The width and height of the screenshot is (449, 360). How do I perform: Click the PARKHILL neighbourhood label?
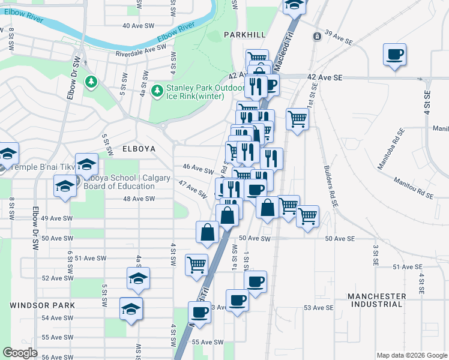(x=244, y=35)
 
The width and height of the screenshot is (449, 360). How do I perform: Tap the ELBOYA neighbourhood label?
(x=122, y=148)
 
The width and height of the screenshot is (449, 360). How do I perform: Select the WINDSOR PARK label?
(x=42, y=305)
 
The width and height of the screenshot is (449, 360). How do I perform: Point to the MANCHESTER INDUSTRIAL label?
(x=376, y=301)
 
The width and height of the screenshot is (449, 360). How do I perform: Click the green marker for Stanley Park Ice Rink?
(x=157, y=91)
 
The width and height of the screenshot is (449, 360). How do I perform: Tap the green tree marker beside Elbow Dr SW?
(x=91, y=81)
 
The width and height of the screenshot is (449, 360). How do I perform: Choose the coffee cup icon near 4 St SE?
(x=394, y=55)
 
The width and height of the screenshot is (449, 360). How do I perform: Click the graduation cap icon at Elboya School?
(x=86, y=164)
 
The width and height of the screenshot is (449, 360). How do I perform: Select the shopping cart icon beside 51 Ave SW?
(x=196, y=264)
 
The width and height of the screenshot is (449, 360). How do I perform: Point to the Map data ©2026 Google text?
(x=411, y=355)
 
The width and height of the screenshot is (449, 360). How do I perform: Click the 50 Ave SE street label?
(x=341, y=239)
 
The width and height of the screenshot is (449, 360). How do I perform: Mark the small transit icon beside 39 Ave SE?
(x=316, y=37)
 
